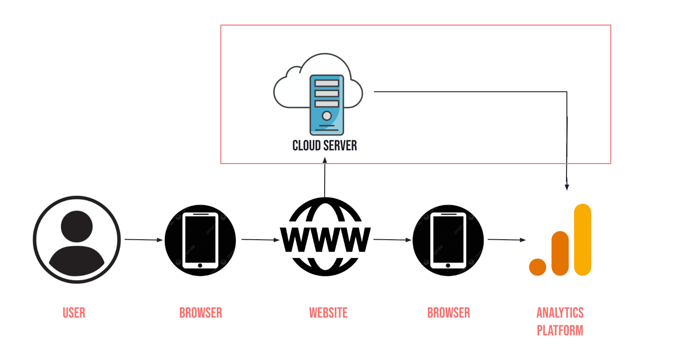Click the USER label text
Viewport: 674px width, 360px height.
[x=74, y=313]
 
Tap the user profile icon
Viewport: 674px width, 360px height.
[x=77, y=240]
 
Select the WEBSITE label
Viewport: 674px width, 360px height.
[x=328, y=313]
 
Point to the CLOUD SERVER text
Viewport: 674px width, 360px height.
[x=324, y=145]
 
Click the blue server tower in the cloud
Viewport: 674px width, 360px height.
[x=327, y=105]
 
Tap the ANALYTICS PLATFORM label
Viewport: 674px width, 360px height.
[x=560, y=321]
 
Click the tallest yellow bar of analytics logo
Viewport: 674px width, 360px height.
[x=582, y=240]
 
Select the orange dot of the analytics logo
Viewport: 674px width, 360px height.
[x=537, y=267]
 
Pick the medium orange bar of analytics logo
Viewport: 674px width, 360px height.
[x=560, y=253]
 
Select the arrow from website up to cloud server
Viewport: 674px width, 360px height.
[x=325, y=178]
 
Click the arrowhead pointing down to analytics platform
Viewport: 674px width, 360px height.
[x=567, y=186]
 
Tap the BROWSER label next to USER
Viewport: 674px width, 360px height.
[x=200, y=313]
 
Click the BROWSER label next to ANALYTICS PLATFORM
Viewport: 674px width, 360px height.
[x=449, y=313]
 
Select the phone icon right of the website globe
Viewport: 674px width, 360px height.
[x=448, y=240]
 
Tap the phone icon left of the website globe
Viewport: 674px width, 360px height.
[x=200, y=240]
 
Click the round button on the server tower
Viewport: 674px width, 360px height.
[x=327, y=115]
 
